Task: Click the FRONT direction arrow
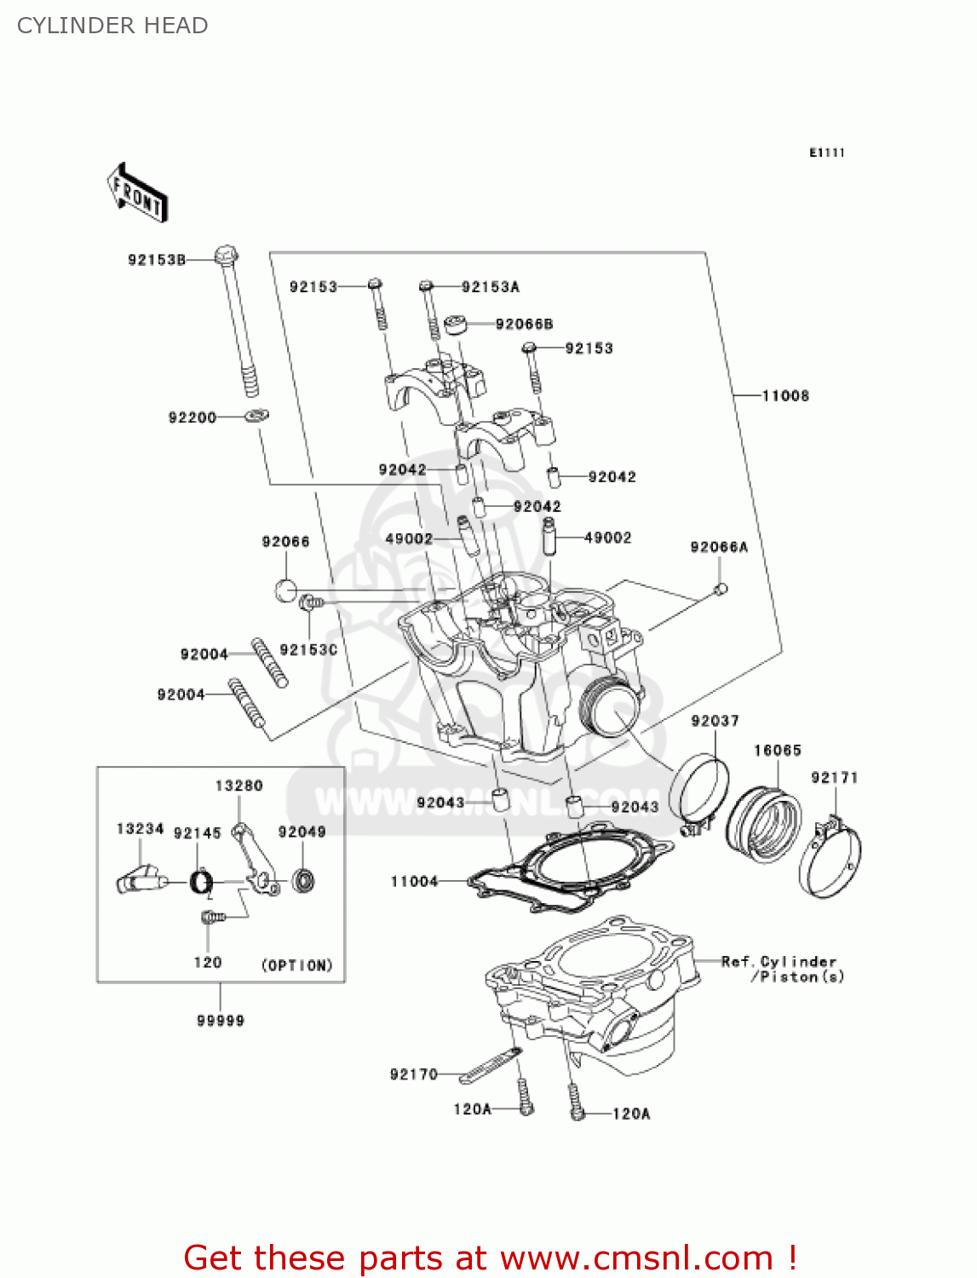[137, 193]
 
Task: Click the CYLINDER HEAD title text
[112, 26]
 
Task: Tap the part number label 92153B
[157, 260]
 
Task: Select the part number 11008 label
[784, 395]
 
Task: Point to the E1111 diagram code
[826, 153]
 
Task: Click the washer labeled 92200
[256, 417]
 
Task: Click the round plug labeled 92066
[286, 590]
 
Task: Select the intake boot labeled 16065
[764, 825]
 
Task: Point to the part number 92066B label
[524, 324]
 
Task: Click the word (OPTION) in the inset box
[296, 965]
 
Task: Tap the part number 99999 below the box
[221, 1020]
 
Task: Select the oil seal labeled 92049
[303, 880]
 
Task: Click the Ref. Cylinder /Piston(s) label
[782, 969]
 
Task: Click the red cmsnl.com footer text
[490, 1258]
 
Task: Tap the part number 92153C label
[308, 649]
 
